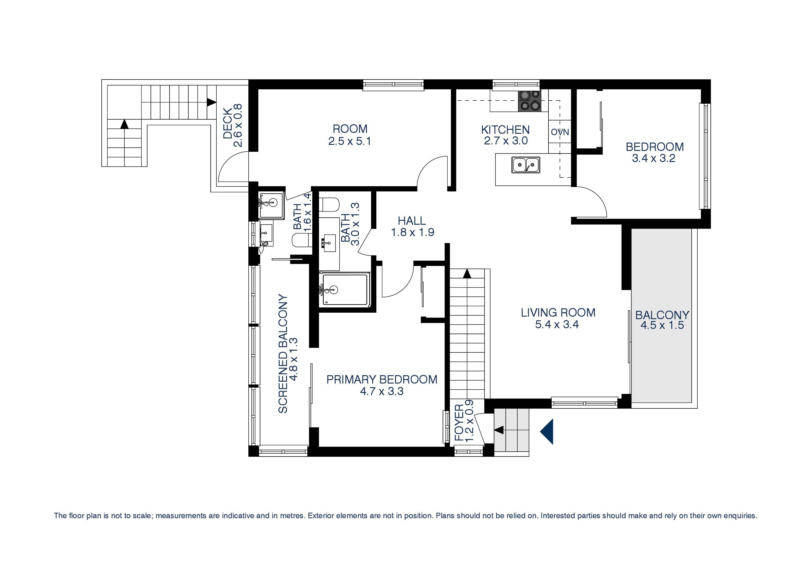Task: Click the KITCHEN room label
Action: pos(505,130)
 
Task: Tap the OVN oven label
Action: pos(560,132)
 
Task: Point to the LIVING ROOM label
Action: pos(558,313)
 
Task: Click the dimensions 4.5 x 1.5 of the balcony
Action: pos(662,325)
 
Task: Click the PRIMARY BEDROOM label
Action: pos(382,380)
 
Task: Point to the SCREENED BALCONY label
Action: pos(283,354)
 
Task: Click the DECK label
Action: pos(228,123)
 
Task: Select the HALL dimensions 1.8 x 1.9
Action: pos(412,232)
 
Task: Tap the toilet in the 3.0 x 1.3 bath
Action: pos(329,204)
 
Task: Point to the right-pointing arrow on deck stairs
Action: pos(211,103)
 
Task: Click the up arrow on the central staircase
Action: pos(467,273)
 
